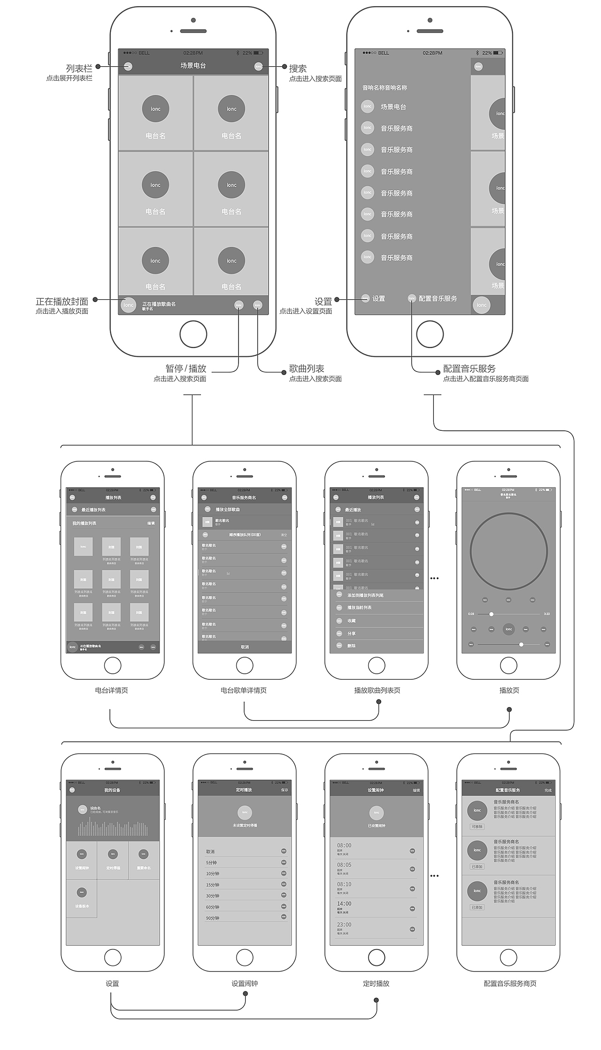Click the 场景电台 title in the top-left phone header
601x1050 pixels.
(x=193, y=66)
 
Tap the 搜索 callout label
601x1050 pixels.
(x=298, y=69)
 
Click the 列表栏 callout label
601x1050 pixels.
(x=79, y=69)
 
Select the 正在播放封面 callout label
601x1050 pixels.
(x=62, y=302)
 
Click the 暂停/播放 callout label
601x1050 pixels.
(x=186, y=369)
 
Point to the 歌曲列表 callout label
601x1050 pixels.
(x=307, y=369)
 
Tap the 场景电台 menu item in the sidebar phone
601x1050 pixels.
(x=393, y=107)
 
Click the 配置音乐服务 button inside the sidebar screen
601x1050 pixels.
(x=437, y=299)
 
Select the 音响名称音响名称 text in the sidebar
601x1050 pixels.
(x=385, y=88)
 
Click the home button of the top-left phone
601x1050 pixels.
(x=193, y=334)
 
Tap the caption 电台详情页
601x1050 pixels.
(x=111, y=690)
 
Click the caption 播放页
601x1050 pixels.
(x=509, y=690)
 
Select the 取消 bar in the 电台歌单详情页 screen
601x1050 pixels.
(x=245, y=647)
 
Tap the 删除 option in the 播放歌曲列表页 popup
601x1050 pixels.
(x=351, y=646)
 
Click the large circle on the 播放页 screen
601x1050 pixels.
(x=509, y=551)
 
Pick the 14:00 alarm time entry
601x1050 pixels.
(x=344, y=904)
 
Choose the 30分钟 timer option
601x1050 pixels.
(x=213, y=896)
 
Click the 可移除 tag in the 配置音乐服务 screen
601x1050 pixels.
(x=477, y=826)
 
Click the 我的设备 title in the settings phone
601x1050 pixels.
(x=112, y=790)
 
